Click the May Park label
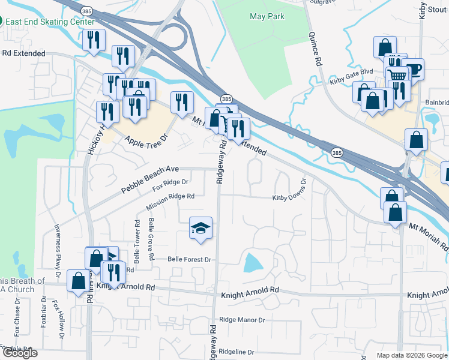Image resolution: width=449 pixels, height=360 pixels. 267,16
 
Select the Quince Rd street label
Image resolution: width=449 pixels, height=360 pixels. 316,47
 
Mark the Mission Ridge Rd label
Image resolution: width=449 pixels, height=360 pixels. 170,202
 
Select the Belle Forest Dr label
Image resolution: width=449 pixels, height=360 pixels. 190,260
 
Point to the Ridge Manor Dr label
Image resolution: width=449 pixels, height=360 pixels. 242,320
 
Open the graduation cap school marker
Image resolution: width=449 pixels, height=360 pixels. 201,228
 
